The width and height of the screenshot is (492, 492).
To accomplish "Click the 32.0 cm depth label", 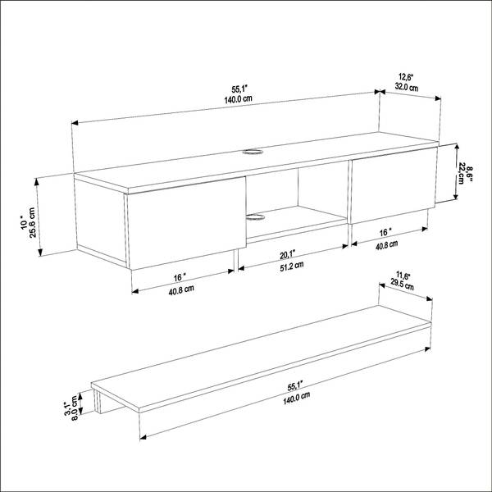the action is [x=407, y=87].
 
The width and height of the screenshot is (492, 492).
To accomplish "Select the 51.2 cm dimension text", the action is [x=292, y=266].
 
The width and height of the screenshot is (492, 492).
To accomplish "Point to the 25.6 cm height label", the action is [x=32, y=222].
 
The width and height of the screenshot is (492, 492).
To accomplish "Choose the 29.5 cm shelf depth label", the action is [x=402, y=285].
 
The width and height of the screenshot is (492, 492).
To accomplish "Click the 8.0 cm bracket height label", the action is [x=75, y=408].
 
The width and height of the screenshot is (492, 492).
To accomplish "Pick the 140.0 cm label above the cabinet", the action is [x=238, y=99].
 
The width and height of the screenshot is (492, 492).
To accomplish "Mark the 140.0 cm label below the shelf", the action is [x=297, y=398].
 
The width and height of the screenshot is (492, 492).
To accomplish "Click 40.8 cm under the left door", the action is [x=181, y=289].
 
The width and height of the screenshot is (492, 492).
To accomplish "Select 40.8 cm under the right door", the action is [x=386, y=244].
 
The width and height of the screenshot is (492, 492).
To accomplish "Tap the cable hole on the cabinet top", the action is [x=253, y=152].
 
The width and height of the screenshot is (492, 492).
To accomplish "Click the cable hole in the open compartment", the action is [x=255, y=217].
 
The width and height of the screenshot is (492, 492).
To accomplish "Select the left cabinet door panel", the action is [x=186, y=223].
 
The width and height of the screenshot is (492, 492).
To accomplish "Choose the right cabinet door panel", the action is [x=394, y=185].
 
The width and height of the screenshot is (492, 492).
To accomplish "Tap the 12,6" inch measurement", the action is [x=406, y=77].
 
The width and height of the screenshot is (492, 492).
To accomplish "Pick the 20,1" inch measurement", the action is [x=288, y=255].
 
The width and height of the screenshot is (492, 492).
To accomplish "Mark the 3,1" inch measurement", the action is [x=67, y=408].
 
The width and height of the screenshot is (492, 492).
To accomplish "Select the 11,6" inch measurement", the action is [x=403, y=276].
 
